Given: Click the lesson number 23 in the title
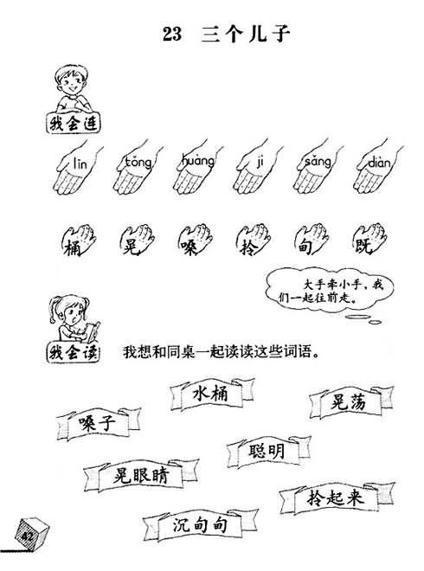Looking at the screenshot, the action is pos(172,34).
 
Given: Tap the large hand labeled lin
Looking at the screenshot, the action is pos(77,168).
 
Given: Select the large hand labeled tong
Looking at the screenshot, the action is pos(138,168).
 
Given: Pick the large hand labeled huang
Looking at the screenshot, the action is pos(197,168).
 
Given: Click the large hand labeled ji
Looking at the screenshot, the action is pos(258,168).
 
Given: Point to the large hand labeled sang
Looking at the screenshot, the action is pos(318,168).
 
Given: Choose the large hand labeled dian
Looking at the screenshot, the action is pos(378,168).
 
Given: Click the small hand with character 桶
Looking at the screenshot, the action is pos(79,240).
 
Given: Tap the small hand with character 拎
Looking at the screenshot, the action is pos(254,240).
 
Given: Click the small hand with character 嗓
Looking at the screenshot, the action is pos(196,240).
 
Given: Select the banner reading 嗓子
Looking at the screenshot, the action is pos(99,424).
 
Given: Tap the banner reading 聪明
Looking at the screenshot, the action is pos(269,452).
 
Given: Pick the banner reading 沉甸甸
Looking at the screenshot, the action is pos(200,524).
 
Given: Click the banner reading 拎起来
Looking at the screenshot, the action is pos(337,497).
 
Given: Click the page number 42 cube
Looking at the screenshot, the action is pos(31,533).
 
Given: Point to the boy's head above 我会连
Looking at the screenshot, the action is pos(72,80).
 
